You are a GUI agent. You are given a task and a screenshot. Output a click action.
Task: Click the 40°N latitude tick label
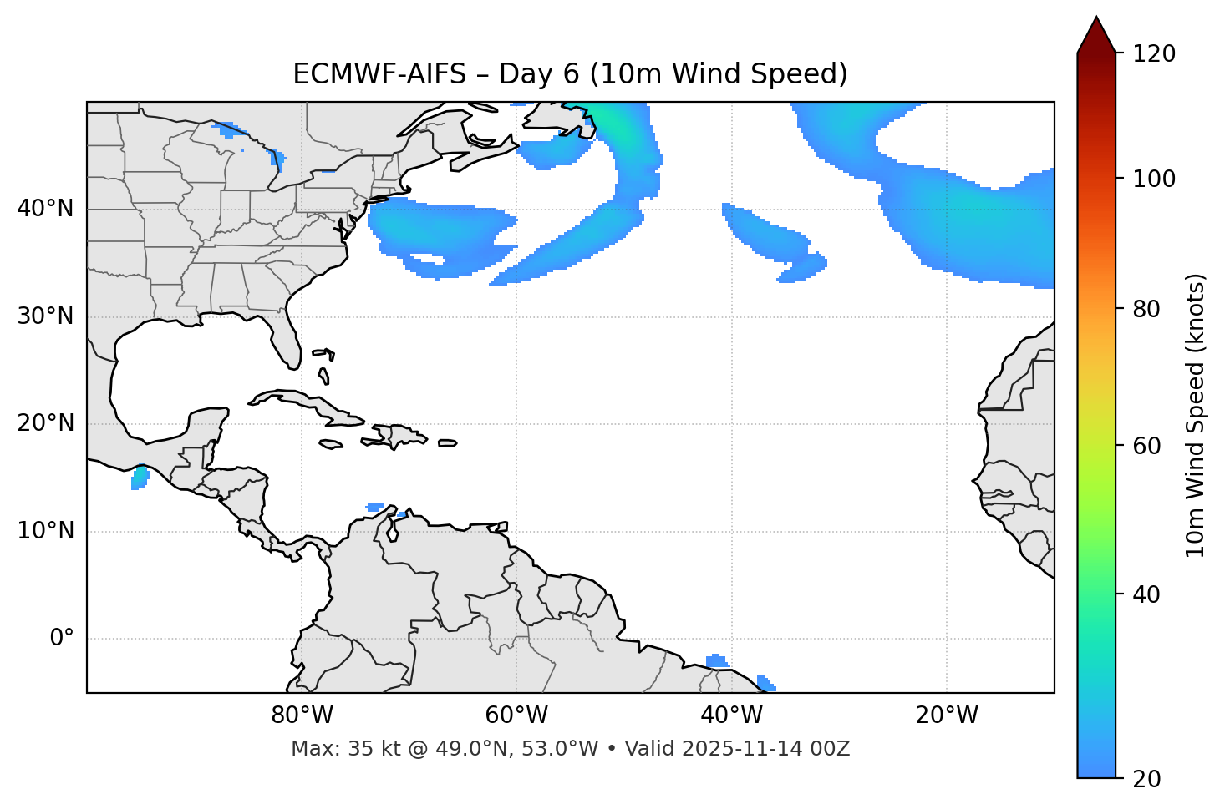click(45, 209)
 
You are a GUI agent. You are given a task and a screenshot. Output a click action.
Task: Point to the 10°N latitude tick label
click(45, 531)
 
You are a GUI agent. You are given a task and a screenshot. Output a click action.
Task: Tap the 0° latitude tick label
click(62, 639)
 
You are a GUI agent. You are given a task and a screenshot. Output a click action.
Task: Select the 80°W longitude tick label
click(302, 715)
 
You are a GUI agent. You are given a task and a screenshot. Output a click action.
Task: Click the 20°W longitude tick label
click(947, 715)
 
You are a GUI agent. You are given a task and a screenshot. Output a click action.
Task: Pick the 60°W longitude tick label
click(516, 715)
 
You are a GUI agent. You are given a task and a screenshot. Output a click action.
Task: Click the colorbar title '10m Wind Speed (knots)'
click(1196, 415)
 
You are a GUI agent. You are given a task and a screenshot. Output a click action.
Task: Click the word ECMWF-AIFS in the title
click(379, 74)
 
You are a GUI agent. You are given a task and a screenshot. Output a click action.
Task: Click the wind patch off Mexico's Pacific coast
click(140, 478)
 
